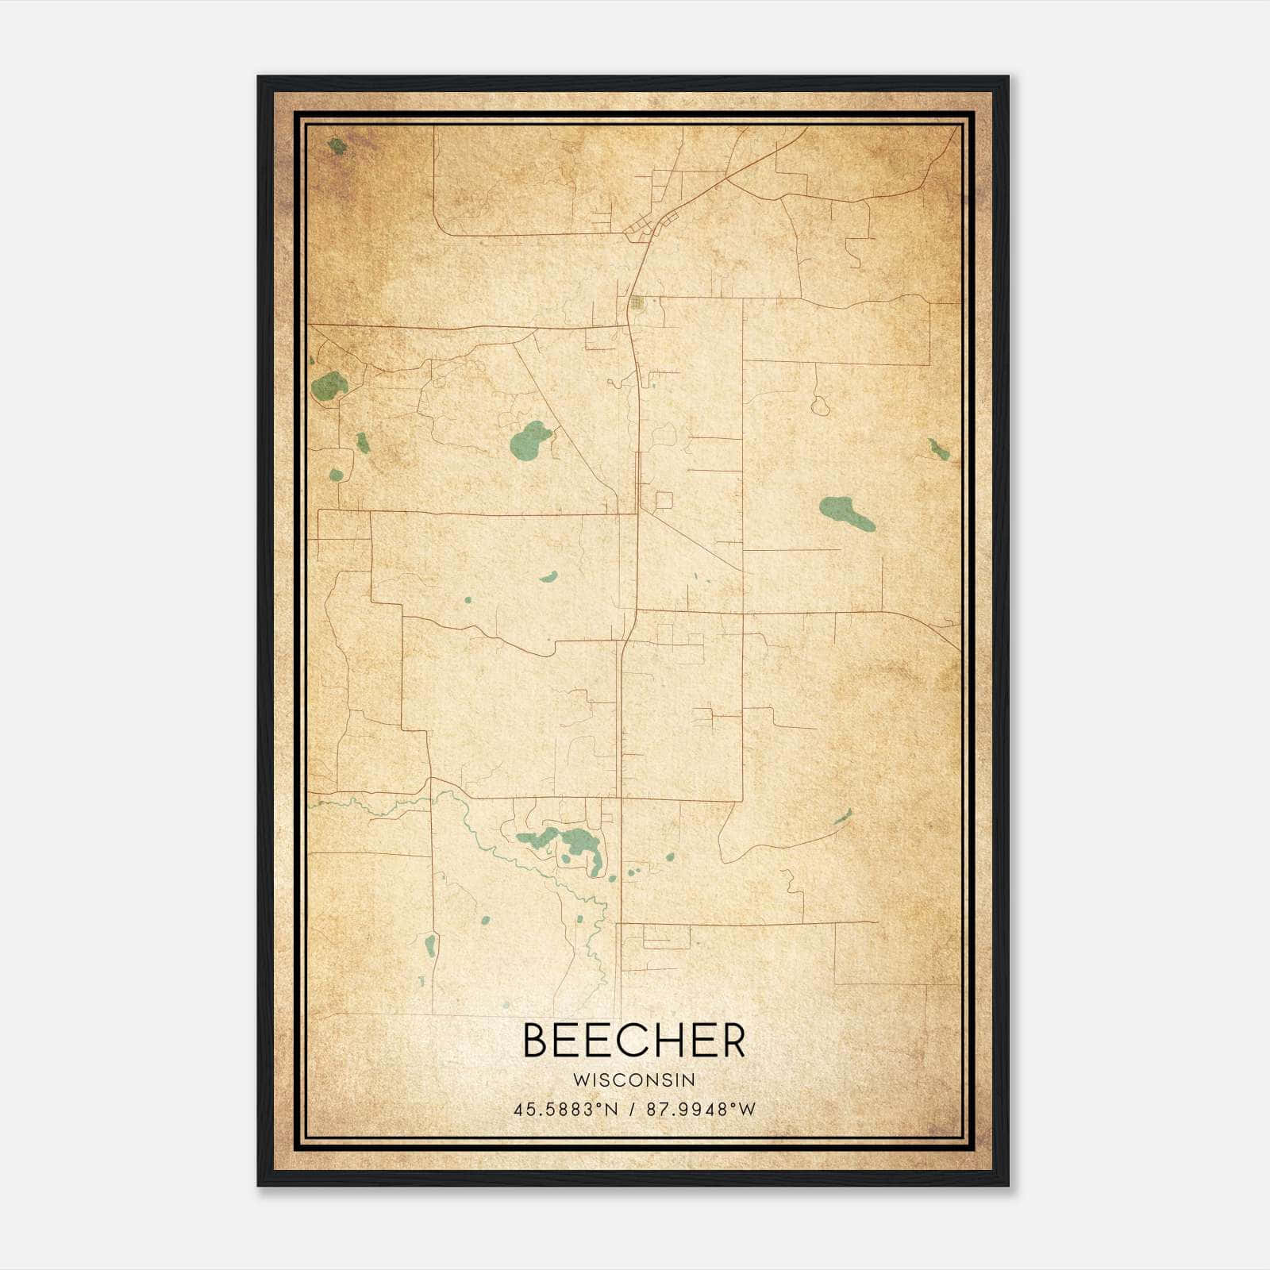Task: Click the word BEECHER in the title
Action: pos(634,1041)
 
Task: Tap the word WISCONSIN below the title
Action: pos(634,1080)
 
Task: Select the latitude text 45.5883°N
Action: pos(565,1110)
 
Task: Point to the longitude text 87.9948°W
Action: pos(701,1110)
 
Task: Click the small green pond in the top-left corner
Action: pos(337,146)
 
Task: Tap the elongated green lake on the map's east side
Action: pos(846,514)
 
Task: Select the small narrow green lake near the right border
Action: pos(938,450)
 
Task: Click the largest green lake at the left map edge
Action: pos(329,387)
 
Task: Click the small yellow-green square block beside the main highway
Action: pos(637,302)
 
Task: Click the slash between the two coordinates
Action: pos(633,1110)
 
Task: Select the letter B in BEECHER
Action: pos(536,1041)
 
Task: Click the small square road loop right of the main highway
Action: pos(664,500)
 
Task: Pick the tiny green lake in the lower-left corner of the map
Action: pos(431,945)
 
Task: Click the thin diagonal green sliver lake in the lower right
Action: pos(843,818)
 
